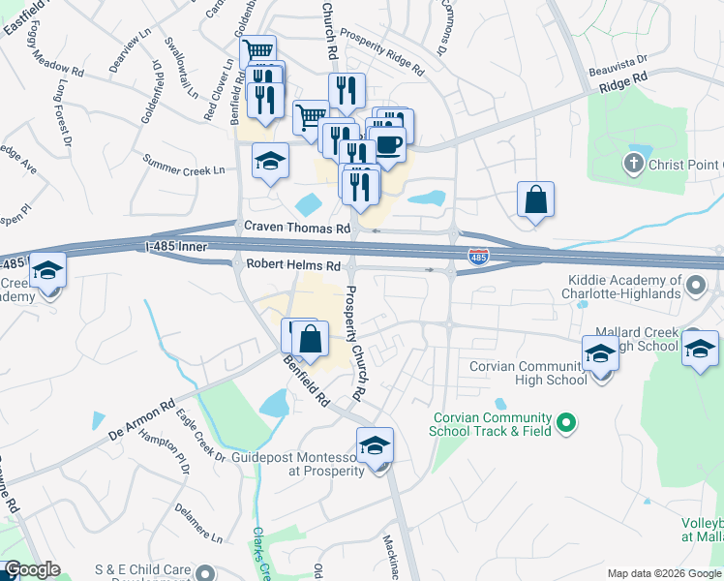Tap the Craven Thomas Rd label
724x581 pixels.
[x=296, y=228]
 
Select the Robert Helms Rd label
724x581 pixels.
[x=293, y=264]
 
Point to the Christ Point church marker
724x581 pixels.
[x=635, y=162]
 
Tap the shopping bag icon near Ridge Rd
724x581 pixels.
[x=535, y=200]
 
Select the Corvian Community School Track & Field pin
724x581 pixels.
[x=568, y=422]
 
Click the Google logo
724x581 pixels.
[x=32, y=570]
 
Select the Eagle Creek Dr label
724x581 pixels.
[x=200, y=436]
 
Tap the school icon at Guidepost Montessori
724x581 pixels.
[x=375, y=446]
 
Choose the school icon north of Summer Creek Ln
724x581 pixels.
[x=271, y=161]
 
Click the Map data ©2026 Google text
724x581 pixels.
[x=663, y=573]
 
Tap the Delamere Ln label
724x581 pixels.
[x=198, y=522]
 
